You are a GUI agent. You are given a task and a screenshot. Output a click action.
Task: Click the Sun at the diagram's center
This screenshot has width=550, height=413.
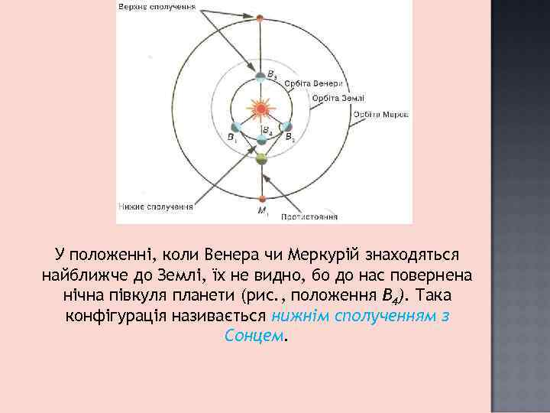tap(261, 109)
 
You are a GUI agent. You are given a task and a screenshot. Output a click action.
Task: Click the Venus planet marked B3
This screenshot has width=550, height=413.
tap(261, 76)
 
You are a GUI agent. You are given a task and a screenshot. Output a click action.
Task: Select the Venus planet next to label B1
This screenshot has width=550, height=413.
tap(237, 127)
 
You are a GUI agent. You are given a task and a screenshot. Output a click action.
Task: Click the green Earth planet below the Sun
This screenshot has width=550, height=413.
tap(261, 159)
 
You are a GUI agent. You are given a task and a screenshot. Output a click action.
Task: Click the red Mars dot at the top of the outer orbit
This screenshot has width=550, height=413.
tap(261, 17)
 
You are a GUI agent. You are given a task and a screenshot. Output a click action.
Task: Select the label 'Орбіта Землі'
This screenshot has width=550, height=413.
tap(338, 98)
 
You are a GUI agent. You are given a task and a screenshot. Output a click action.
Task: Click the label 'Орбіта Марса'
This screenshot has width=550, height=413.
tap(380, 114)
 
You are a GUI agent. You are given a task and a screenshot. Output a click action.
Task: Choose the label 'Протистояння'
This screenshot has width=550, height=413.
tap(309, 217)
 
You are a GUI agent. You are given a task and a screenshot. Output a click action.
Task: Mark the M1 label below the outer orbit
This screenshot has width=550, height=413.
tap(263, 210)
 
